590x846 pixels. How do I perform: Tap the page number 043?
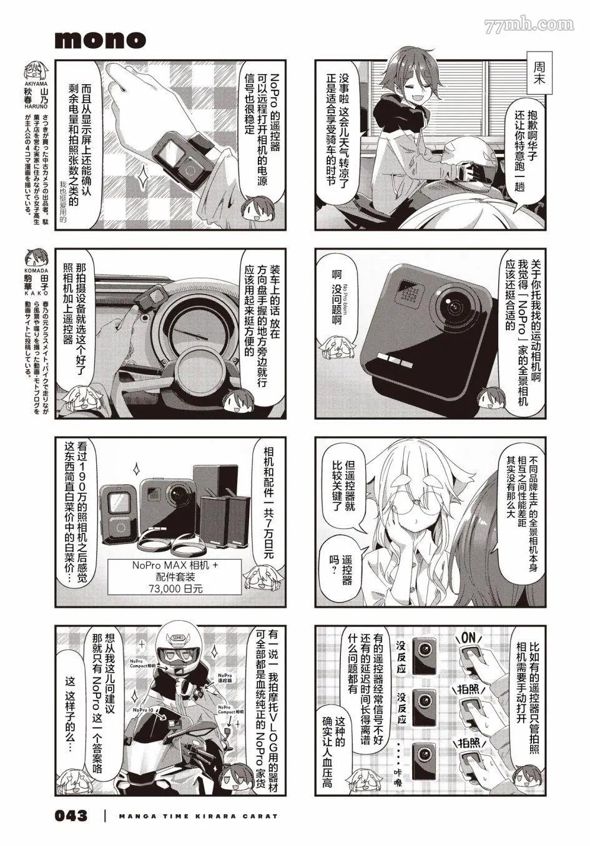(x=71, y=815)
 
